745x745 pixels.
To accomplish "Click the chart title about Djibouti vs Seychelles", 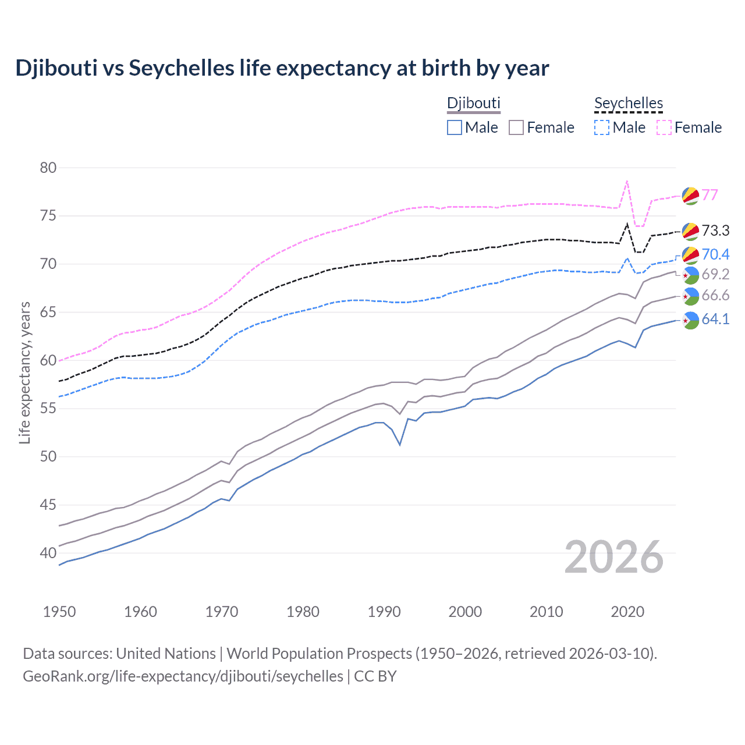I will [x=282, y=68].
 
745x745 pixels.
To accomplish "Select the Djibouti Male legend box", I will [x=455, y=127].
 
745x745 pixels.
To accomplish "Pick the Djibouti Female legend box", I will [x=516, y=127].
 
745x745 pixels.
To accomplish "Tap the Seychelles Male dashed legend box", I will [x=602, y=127].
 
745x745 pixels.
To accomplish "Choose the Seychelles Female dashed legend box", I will [x=664, y=127].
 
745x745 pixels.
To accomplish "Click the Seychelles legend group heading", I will [x=629, y=104].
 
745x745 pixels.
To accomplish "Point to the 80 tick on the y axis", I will [x=48, y=168].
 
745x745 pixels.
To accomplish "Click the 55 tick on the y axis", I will [x=48, y=409].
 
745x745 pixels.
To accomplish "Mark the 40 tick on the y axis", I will [x=48, y=553].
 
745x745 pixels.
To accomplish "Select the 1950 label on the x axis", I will [x=59, y=612].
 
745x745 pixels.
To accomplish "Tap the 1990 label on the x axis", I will [x=384, y=612].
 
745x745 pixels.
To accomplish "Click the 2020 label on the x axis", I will [x=627, y=612].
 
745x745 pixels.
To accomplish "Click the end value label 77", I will [x=709, y=195].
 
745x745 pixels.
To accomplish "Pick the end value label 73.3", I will [x=715, y=231].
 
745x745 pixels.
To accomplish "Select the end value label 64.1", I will [x=715, y=319].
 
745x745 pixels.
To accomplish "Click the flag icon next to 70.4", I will [x=690, y=254].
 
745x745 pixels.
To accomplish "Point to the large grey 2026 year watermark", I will [x=614, y=557].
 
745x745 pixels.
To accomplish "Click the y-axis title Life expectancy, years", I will [x=24, y=372].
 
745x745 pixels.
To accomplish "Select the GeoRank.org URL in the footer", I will [x=183, y=676].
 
